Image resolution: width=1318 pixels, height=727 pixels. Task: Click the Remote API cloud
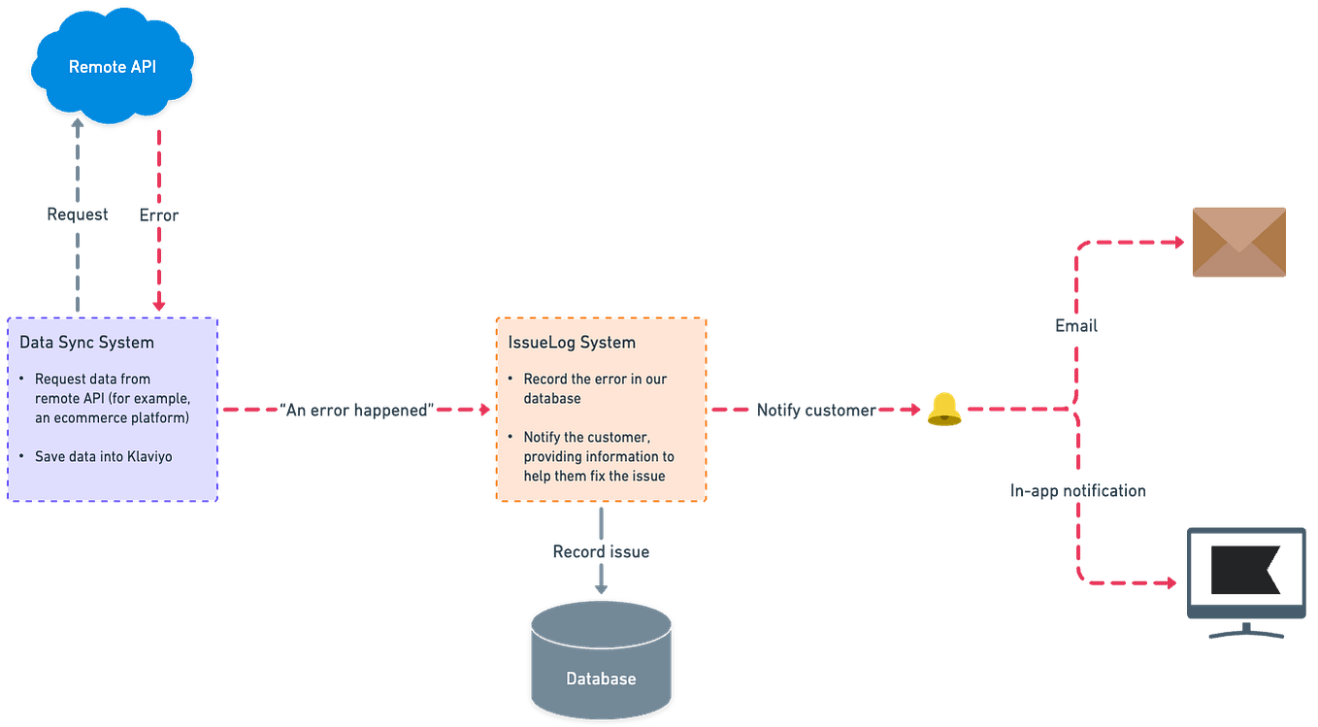pyautogui.click(x=113, y=67)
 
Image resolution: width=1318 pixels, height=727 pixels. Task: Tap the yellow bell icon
pyautogui.click(x=942, y=410)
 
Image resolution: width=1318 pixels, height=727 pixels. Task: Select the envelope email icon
pyautogui.click(x=1238, y=242)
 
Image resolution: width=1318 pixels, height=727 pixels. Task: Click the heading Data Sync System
pyautogui.click(x=86, y=343)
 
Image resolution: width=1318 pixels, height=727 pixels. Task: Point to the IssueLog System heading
pyautogui.click(x=572, y=343)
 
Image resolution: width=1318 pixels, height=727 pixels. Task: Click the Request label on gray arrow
pyautogui.click(x=79, y=215)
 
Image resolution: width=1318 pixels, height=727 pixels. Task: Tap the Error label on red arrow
pyautogui.click(x=158, y=215)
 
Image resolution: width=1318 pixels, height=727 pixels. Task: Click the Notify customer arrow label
pyautogui.click(x=814, y=410)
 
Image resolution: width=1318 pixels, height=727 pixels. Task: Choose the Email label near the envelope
pyautogui.click(x=1075, y=328)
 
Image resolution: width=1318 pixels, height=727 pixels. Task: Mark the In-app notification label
pyautogui.click(x=1077, y=491)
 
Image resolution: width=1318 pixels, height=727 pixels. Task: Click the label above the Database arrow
pyautogui.click(x=601, y=551)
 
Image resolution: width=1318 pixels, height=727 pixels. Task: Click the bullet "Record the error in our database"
pyautogui.click(x=594, y=388)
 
